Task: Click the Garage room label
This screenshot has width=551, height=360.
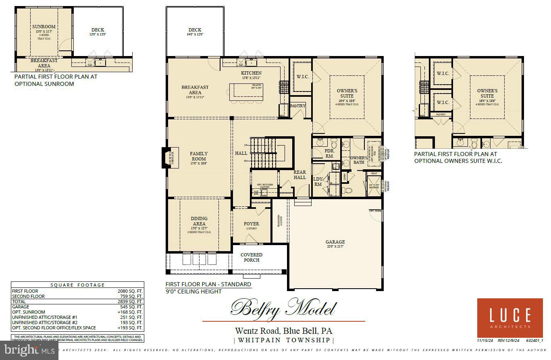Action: [335, 242]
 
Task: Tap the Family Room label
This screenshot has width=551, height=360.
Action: [199, 156]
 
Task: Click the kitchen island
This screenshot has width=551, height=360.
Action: [245, 92]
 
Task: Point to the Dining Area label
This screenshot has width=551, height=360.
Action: [199, 221]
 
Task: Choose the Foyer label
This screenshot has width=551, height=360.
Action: [252, 224]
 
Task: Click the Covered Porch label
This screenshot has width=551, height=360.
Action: [252, 257]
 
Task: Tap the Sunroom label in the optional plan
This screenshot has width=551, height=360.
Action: [44, 27]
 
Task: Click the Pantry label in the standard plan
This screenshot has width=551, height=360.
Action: [298, 106]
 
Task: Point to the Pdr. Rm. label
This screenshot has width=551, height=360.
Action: [329, 153]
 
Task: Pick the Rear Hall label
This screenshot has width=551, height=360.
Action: [299, 175]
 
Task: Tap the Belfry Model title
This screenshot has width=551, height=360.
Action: [283, 308]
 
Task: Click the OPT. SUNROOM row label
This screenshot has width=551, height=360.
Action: [29, 312]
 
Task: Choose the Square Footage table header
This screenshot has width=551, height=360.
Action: [77, 285]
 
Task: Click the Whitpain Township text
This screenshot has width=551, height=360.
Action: [283, 340]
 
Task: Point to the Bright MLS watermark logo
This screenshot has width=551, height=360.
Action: [29, 351]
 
